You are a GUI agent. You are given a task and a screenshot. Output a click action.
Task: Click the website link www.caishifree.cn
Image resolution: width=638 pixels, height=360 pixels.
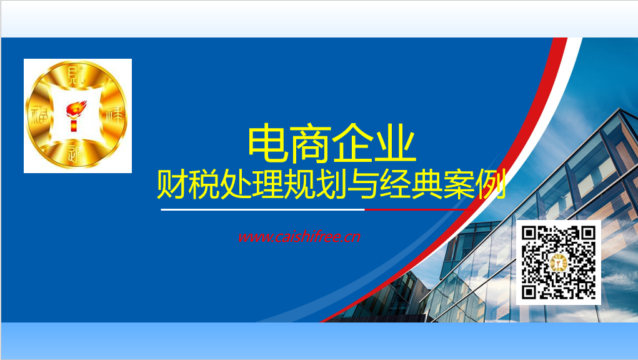click(x=299, y=237)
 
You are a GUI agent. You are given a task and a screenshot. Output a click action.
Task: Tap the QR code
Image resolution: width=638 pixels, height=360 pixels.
click(x=558, y=262)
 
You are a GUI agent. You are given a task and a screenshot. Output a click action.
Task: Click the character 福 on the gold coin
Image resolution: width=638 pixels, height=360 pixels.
click(x=39, y=116)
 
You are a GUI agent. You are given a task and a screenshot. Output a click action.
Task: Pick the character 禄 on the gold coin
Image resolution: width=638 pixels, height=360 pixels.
click(x=114, y=115)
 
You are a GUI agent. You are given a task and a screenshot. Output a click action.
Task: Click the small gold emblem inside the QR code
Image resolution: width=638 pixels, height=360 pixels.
click(x=559, y=262)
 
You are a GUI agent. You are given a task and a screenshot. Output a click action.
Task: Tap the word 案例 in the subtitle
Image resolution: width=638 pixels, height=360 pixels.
click(x=474, y=184)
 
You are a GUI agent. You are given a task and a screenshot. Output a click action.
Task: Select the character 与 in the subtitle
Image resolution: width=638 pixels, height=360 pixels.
click(x=363, y=184)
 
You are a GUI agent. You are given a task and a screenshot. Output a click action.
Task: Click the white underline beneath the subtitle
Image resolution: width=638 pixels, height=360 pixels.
click(x=263, y=209)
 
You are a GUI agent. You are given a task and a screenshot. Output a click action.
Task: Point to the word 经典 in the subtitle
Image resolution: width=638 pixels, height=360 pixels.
click(x=411, y=184)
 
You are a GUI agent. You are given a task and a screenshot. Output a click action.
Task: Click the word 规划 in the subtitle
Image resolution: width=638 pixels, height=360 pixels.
click(x=316, y=184)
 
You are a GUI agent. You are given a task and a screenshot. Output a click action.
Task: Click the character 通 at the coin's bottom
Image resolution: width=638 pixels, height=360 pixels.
click(x=76, y=154)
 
